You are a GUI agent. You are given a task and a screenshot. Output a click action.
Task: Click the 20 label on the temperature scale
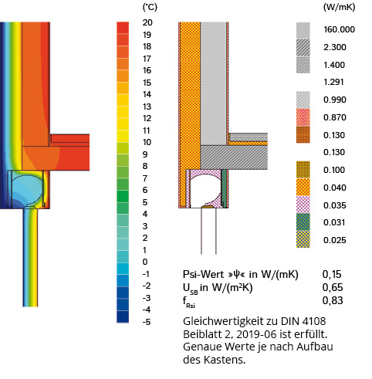pyautogui.click(x=147, y=22)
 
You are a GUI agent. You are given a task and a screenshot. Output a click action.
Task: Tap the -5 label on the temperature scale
pyautogui.click(x=147, y=322)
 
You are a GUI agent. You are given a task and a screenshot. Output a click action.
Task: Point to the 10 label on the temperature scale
pyautogui.click(x=147, y=142)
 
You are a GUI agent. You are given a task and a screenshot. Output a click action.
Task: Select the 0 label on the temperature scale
pyautogui.click(x=145, y=262)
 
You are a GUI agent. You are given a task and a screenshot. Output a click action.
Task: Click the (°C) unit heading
pyautogui.click(x=150, y=7)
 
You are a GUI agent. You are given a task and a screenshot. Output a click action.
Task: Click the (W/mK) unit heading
pyautogui.click(x=339, y=7)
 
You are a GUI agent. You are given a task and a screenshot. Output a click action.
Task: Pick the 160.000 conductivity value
pyautogui.click(x=339, y=29)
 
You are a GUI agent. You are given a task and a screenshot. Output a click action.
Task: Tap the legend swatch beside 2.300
pyautogui.click(x=303, y=48)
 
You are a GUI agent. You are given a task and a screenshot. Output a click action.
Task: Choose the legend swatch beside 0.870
pyautogui.click(x=303, y=117)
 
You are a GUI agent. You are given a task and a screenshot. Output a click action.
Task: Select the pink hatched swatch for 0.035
pyautogui.click(x=303, y=205)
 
